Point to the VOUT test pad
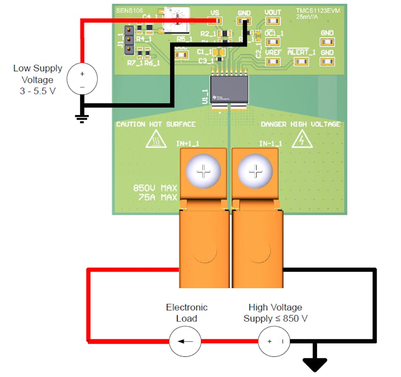tap(273, 21)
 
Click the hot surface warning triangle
tap(156, 139)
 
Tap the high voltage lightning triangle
tap(302, 139)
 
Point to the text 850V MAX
tap(155, 188)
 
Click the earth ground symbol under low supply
tap(82, 118)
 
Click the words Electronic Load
tap(187, 312)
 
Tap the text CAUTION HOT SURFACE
tap(156, 124)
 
